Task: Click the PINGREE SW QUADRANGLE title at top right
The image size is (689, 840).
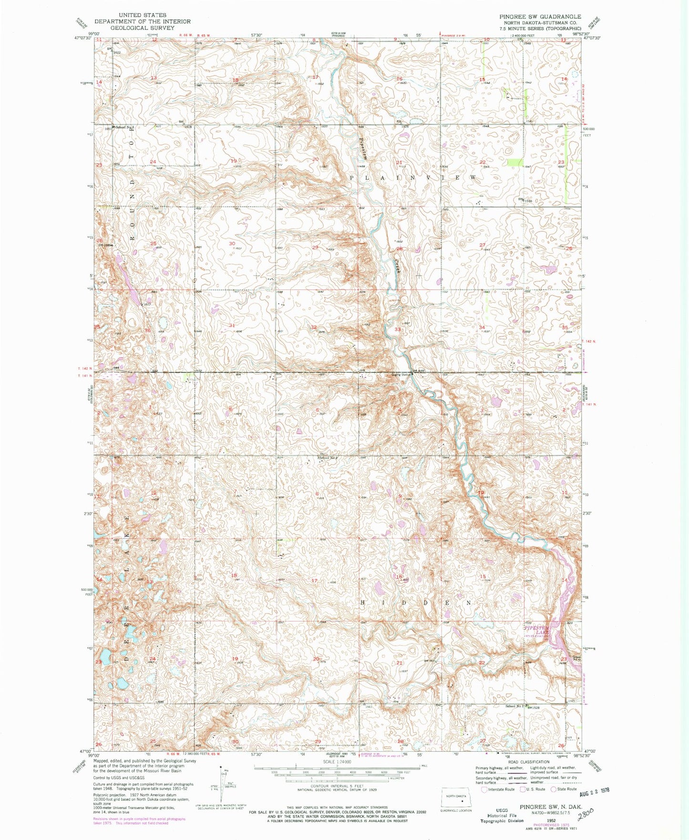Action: point(540,16)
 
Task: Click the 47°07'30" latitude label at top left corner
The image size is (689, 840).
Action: point(84,40)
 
